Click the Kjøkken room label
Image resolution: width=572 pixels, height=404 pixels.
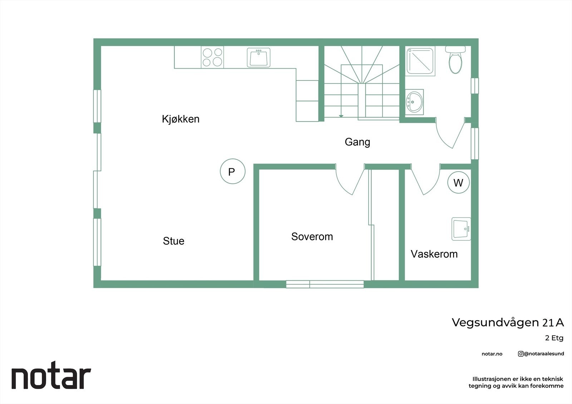click(181, 119)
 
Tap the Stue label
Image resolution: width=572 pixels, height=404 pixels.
click(174, 241)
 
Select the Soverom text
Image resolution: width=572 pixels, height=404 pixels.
click(312, 236)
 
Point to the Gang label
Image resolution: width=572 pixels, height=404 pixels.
click(357, 142)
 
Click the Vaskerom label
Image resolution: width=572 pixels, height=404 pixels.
click(434, 254)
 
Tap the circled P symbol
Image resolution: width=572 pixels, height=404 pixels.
click(233, 171)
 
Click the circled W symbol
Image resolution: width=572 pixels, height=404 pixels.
click(458, 183)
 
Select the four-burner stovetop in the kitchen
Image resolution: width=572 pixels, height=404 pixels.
click(212, 57)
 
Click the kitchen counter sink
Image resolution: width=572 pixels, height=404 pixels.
click(258, 58)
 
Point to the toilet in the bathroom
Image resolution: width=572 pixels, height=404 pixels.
click(455, 60)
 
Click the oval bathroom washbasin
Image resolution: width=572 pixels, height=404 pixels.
click(414, 102)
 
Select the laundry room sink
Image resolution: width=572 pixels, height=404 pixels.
click(461, 229)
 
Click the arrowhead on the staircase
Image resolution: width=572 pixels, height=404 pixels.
click(341, 116)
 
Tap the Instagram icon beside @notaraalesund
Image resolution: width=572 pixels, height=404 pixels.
click(521, 354)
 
